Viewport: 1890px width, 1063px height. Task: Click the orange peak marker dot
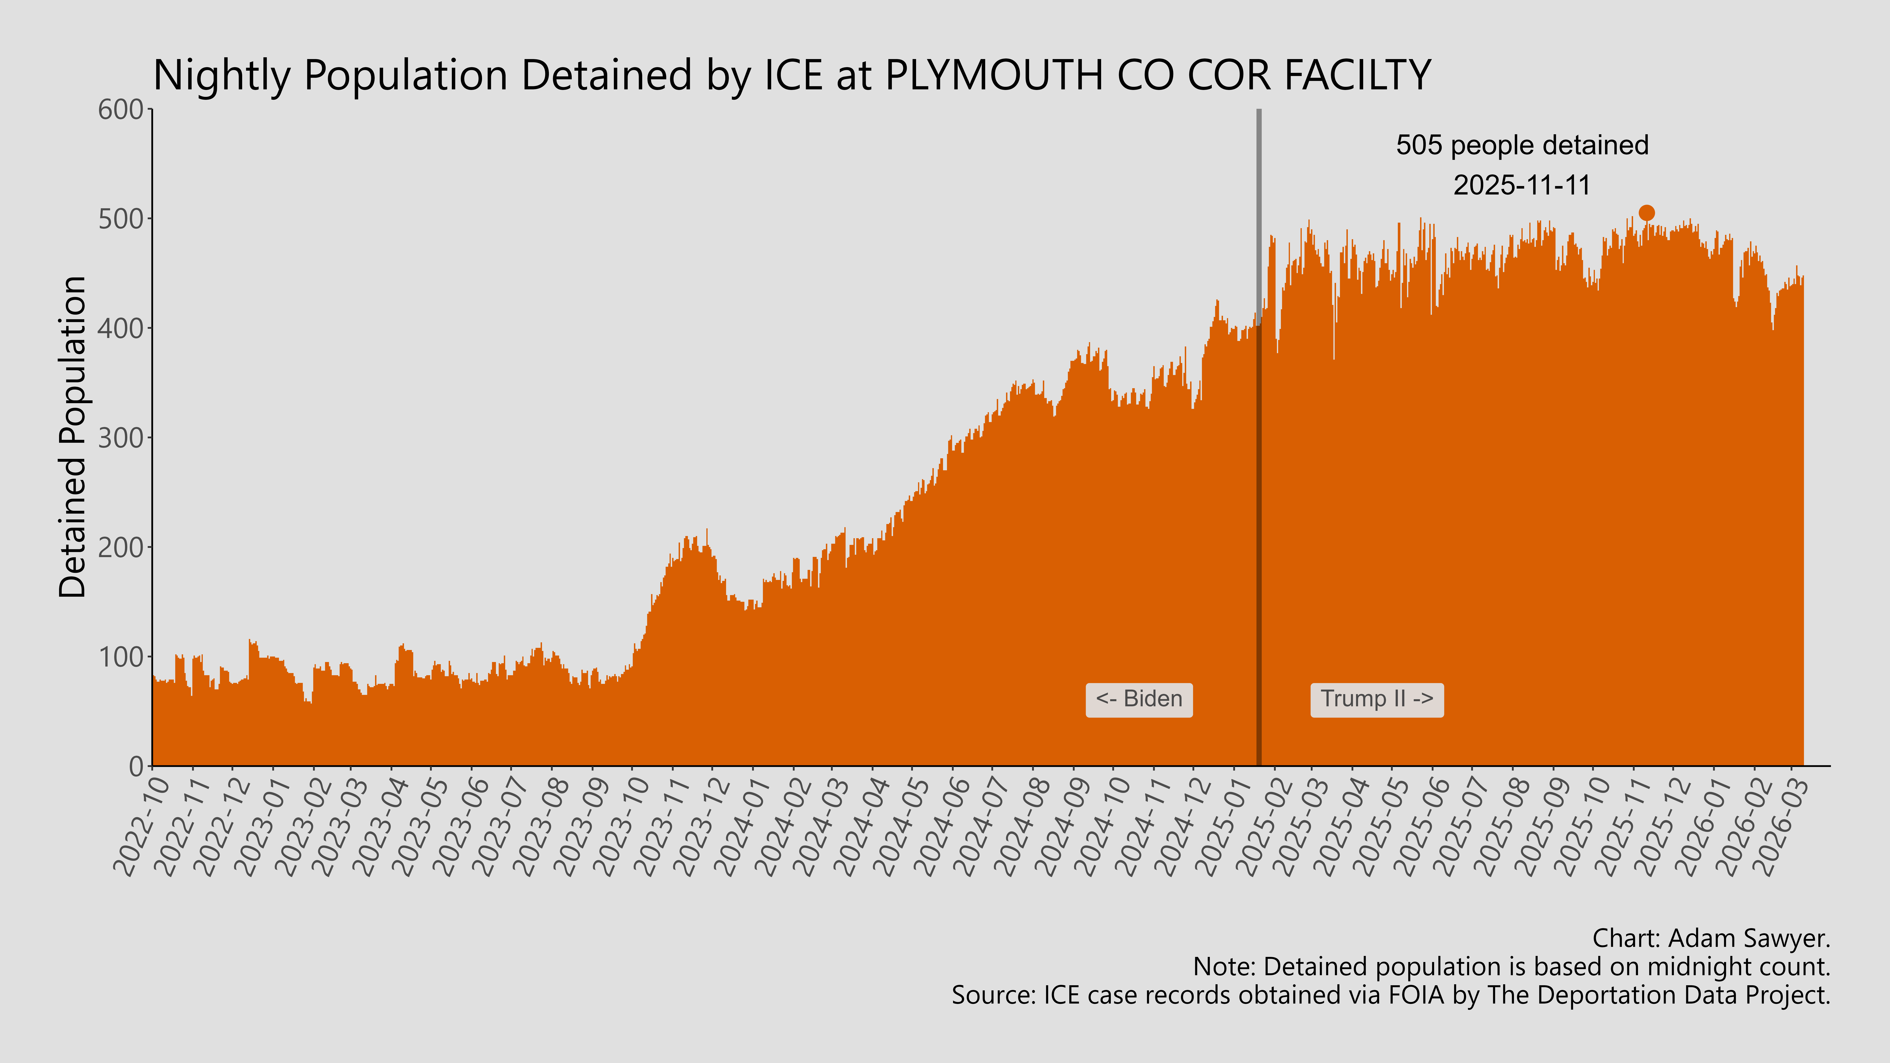(1646, 213)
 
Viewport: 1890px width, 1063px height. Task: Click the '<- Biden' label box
(1139, 699)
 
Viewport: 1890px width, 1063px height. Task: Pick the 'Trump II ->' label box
(1376, 699)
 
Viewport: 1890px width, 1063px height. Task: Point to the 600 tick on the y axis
(121, 110)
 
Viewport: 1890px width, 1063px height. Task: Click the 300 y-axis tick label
(121, 438)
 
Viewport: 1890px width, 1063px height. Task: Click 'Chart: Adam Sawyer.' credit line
(1711, 938)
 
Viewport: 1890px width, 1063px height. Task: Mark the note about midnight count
(1511, 967)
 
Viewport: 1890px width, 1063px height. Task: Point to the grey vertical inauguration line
(1259, 220)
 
